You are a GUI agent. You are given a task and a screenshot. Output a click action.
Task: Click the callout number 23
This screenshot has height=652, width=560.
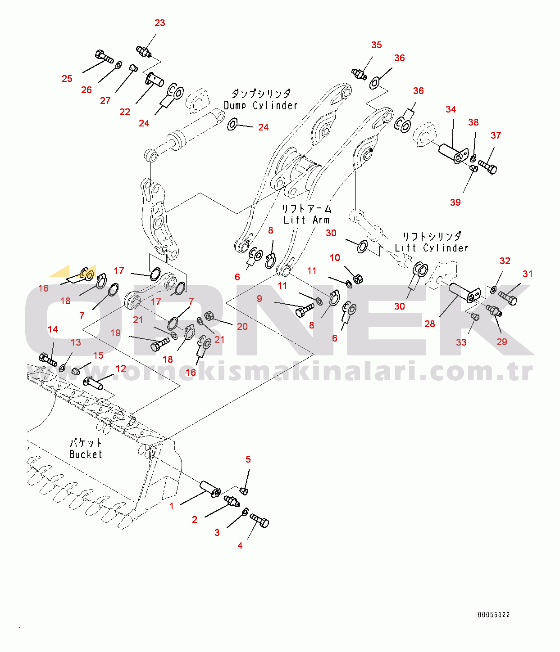pyautogui.click(x=160, y=23)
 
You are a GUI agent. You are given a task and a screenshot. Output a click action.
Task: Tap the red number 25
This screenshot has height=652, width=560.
pyautogui.click(x=67, y=79)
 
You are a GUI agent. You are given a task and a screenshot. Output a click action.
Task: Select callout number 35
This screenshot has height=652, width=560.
pyautogui.click(x=377, y=45)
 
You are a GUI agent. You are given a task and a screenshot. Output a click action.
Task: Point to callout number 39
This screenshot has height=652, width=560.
pyautogui.click(x=455, y=202)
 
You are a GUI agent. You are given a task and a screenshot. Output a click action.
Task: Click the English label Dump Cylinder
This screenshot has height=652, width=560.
pyautogui.click(x=261, y=105)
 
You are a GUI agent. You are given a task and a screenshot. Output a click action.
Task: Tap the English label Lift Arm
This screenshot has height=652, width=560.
pyautogui.click(x=306, y=220)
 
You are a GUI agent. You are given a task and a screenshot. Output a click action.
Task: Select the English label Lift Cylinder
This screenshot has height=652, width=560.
pyautogui.click(x=432, y=248)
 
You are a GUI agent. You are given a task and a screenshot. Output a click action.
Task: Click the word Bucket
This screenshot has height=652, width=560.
pyautogui.click(x=86, y=454)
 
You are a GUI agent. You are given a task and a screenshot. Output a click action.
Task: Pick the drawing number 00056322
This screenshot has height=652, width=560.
pyautogui.click(x=494, y=615)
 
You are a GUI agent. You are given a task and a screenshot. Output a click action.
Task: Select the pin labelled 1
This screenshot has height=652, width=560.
pyautogui.click(x=210, y=488)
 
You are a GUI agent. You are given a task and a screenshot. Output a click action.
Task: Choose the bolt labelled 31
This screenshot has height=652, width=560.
pyautogui.click(x=508, y=298)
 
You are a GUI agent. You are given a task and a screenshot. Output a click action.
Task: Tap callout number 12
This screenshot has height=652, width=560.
pyautogui.click(x=121, y=369)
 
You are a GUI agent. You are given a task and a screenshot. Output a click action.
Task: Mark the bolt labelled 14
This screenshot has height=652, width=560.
pyautogui.click(x=48, y=360)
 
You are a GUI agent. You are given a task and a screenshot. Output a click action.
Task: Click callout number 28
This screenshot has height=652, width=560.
pyautogui.click(x=430, y=324)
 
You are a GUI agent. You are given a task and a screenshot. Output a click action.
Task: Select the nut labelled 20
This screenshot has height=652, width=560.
pyautogui.click(x=209, y=315)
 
